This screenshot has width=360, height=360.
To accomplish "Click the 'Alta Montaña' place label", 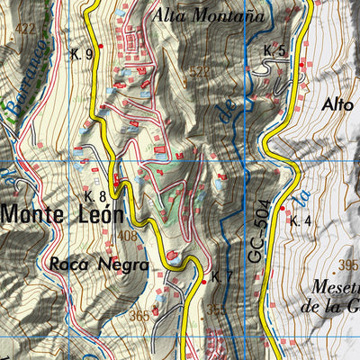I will [x=208, y=14].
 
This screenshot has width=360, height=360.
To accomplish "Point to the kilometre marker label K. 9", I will [x=81, y=54].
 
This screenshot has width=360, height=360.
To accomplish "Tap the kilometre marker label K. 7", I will [x=222, y=274].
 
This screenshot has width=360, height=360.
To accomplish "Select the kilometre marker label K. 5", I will [x=274, y=50].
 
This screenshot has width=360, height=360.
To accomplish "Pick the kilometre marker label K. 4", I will [x=300, y=219].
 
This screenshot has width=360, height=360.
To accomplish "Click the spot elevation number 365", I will [x=139, y=316].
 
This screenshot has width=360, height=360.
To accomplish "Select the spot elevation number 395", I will [x=347, y=265].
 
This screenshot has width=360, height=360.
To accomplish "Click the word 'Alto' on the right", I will [x=337, y=104].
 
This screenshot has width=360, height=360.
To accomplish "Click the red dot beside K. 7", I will [x=204, y=282].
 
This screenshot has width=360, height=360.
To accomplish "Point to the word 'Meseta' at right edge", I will [x=335, y=288].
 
